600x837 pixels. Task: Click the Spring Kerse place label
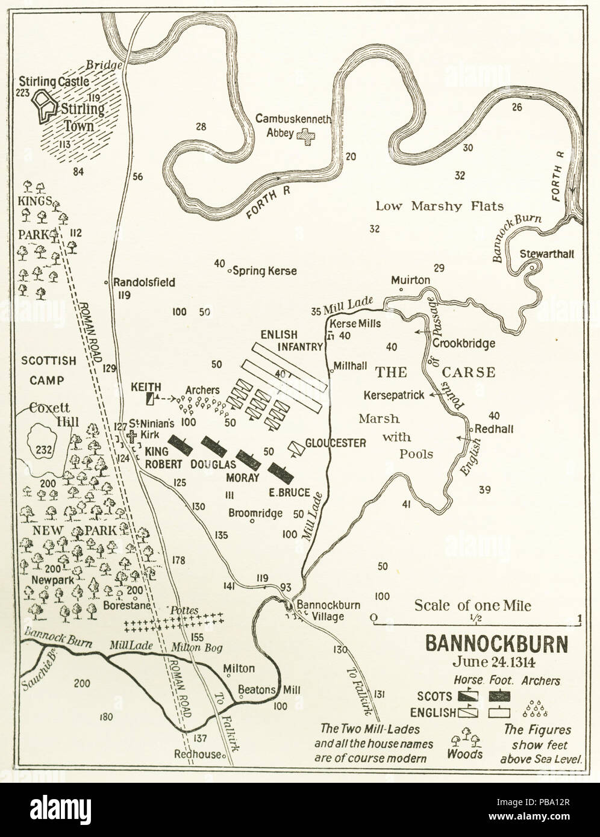[x=264, y=271]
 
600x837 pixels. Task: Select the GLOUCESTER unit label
[x=336, y=443]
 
